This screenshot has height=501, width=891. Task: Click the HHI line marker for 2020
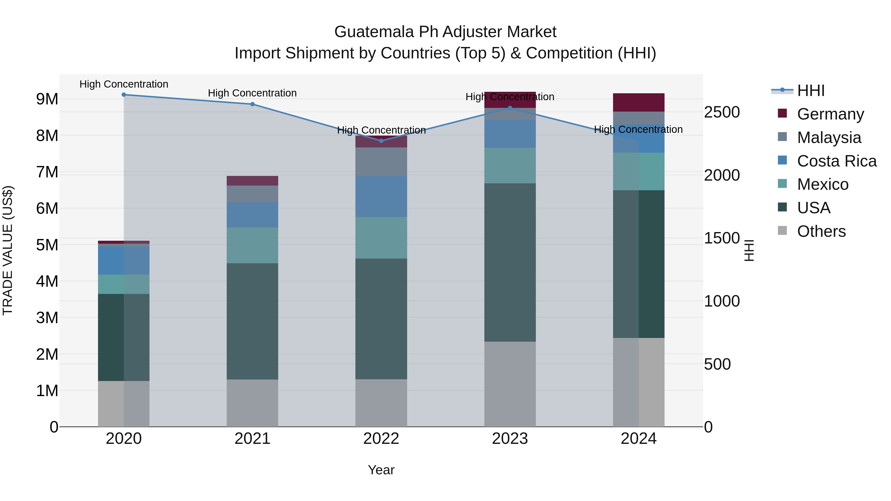pos(124,95)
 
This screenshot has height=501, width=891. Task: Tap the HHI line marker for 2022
pos(381,141)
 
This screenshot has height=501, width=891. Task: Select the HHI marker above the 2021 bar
pos(252,104)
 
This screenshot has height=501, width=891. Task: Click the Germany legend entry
pos(830,114)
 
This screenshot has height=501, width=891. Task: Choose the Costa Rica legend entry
pos(836,161)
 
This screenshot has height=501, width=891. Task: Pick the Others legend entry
pos(821,231)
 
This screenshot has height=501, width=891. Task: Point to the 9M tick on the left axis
pos(47,99)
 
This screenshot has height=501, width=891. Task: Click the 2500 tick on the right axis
pos(722,112)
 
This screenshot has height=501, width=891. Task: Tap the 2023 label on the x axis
pos(510,439)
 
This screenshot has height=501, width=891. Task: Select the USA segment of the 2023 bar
pos(510,263)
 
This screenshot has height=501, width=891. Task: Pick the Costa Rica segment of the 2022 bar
pos(381,196)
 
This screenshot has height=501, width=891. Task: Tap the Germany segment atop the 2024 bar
pos(639,102)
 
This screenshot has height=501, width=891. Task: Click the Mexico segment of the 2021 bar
pos(252,245)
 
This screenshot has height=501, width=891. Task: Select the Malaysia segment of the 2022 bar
pos(381,162)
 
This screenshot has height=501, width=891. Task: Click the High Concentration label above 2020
pos(124,84)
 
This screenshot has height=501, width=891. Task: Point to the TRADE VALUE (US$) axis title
pos(8,250)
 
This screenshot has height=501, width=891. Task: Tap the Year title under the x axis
pos(381,470)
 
